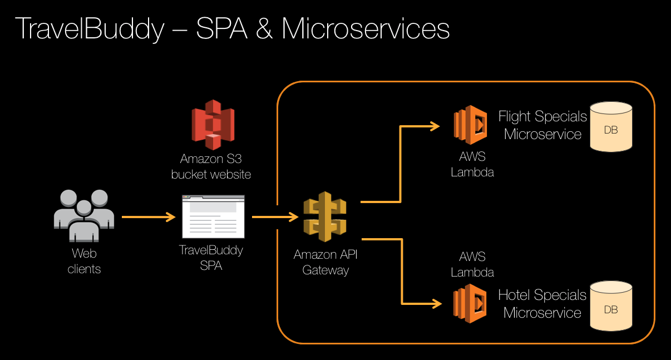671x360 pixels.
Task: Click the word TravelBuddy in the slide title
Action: (x=90, y=29)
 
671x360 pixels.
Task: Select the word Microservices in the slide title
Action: (x=366, y=29)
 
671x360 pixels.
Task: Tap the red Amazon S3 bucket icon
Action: (x=213, y=124)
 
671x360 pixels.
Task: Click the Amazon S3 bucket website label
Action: (x=211, y=166)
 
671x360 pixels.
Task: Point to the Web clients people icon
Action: (x=84, y=215)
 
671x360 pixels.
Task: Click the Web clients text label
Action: (x=84, y=262)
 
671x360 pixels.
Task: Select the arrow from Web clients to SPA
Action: (x=148, y=217)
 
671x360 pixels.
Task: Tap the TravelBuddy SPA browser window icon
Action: (x=213, y=216)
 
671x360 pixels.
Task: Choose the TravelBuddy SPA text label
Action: (x=211, y=258)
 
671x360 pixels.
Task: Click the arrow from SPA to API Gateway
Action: (x=275, y=217)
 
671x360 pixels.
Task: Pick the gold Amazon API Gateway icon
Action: (x=325, y=217)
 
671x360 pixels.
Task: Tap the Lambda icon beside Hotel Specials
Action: (x=470, y=304)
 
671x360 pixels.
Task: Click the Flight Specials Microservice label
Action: (x=542, y=125)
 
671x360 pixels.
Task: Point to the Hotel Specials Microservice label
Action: (x=542, y=304)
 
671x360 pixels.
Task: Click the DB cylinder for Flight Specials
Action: (x=611, y=127)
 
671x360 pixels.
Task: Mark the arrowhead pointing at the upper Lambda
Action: (x=435, y=126)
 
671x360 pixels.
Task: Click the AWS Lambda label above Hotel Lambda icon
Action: (x=472, y=264)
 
